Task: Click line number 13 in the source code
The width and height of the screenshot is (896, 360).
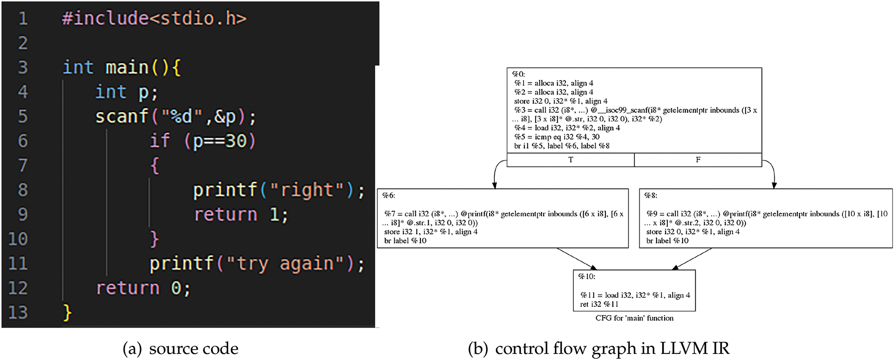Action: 18,312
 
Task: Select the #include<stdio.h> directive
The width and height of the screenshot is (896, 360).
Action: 154,18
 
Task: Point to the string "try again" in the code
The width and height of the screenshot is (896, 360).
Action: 286,264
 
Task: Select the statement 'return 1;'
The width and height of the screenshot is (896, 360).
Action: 241,215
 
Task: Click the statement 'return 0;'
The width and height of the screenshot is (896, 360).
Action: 143,288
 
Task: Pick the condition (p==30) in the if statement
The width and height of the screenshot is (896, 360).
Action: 220,141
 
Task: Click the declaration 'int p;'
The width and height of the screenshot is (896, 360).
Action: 126,92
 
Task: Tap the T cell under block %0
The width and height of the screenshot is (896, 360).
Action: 571,160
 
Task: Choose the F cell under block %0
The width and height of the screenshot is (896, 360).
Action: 698,160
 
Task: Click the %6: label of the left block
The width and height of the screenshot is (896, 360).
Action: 389,196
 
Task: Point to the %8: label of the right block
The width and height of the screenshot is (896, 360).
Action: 651,196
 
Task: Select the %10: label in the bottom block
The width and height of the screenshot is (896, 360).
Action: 587,277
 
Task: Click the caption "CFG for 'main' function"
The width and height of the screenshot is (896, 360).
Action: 634,318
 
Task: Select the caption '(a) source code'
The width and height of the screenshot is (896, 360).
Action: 181,349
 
